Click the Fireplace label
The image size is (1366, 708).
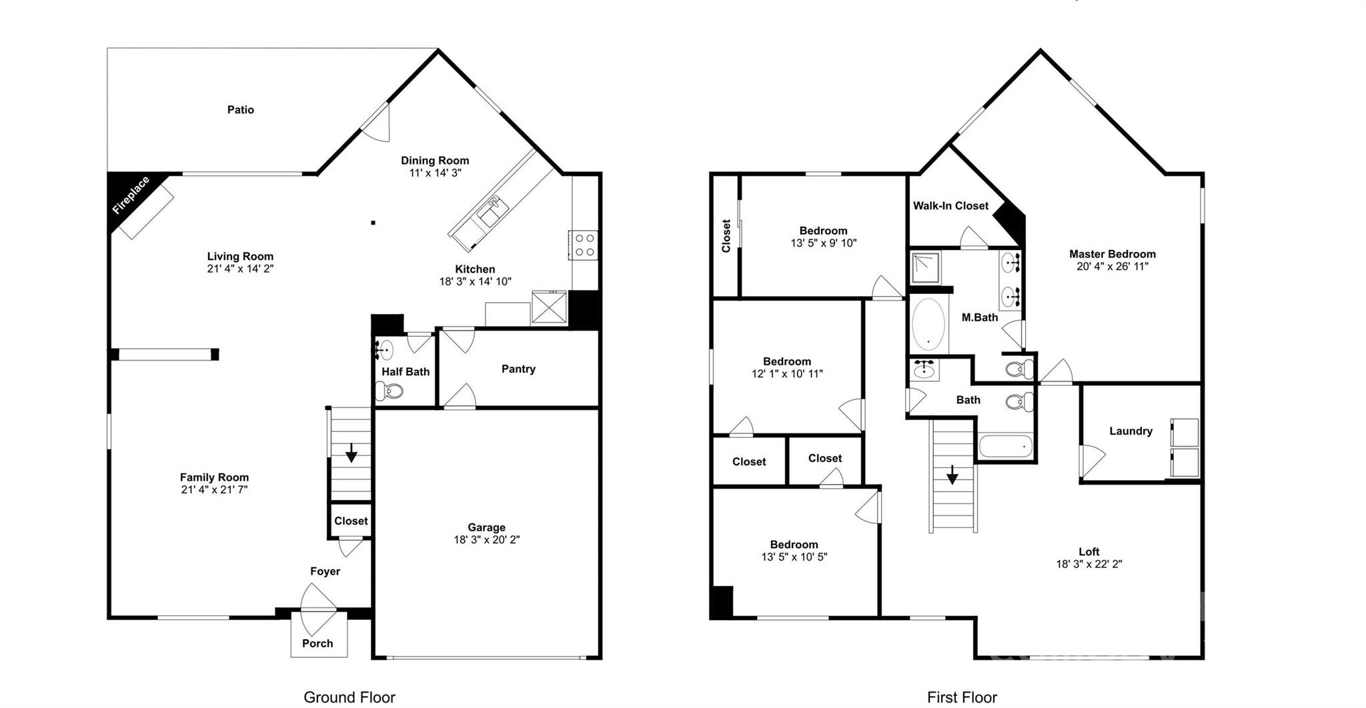tap(131, 195)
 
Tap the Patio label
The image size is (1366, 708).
tap(240, 110)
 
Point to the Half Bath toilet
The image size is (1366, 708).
tap(390, 391)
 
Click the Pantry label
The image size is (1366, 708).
tap(518, 369)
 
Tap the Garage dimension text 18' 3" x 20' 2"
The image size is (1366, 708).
tap(486, 540)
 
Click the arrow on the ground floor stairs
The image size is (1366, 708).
tap(351, 454)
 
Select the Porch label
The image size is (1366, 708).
tap(317, 643)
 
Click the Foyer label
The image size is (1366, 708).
tap(325, 571)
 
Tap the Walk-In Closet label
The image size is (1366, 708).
tap(950, 206)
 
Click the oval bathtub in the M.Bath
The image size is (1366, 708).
tap(928, 325)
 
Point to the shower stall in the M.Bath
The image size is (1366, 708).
tap(926, 267)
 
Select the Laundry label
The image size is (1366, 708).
tap(1131, 431)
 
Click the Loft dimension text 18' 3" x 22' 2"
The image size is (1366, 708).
tap(1089, 564)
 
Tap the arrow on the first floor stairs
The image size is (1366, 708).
tap(952, 475)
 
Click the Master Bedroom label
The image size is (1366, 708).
tap(1112, 254)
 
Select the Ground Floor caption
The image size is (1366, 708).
tap(349, 697)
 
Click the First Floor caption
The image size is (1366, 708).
tap(962, 697)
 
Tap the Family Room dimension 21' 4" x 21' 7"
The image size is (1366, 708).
tap(214, 490)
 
